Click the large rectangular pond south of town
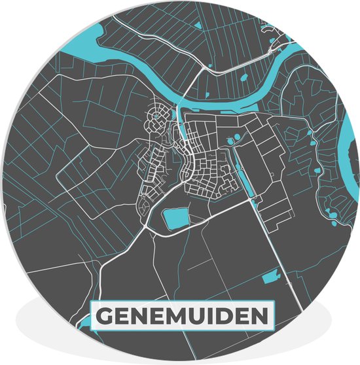(175, 218)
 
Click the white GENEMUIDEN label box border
(181, 303)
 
